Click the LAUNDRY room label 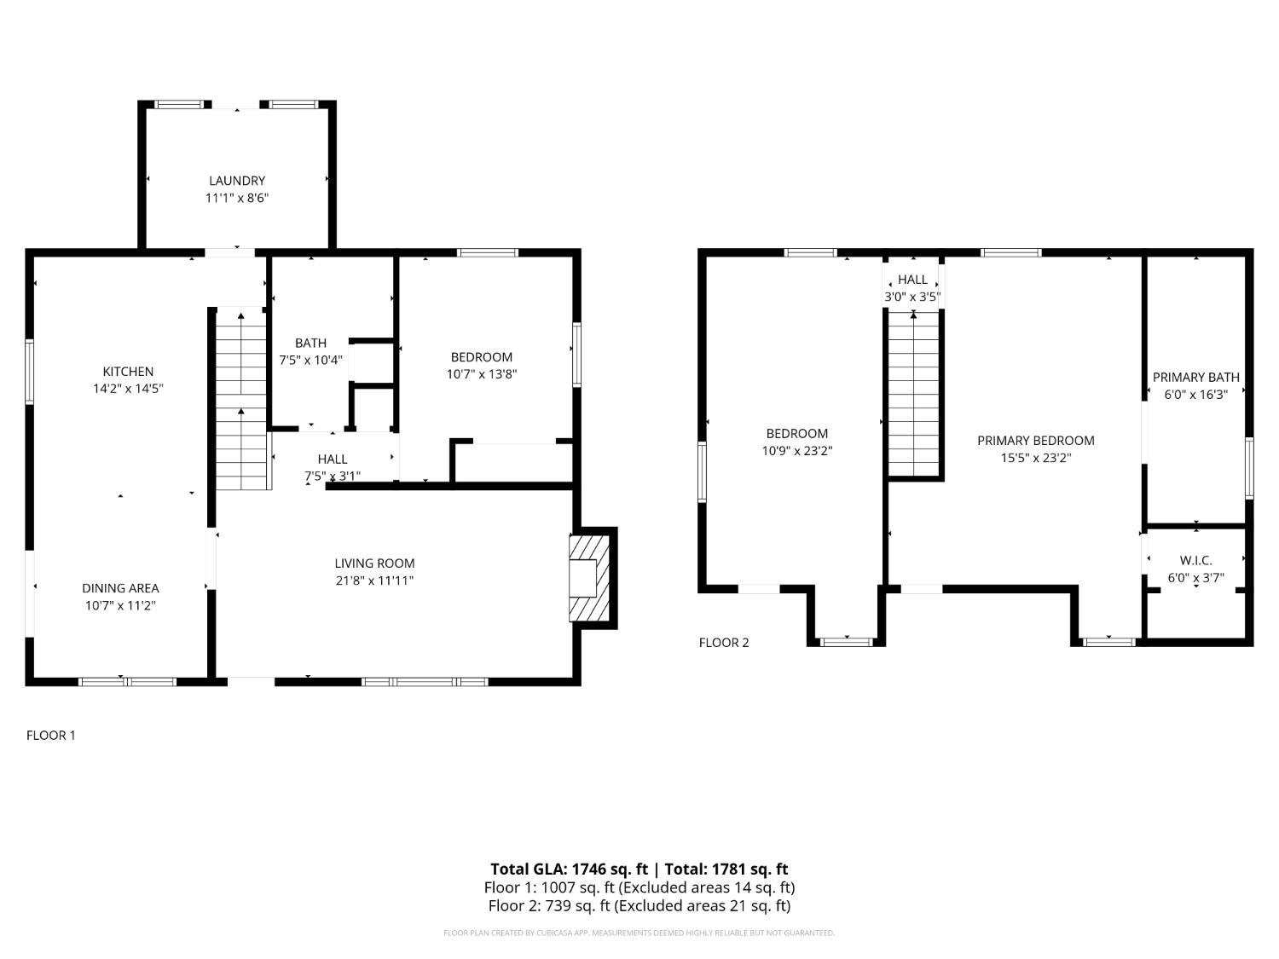(x=237, y=181)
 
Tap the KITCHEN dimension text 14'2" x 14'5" (x=128, y=389)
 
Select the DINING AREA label (x=120, y=588)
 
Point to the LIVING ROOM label (x=374, y=563)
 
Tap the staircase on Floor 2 (x=913, y=392)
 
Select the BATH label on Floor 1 (x=310, y=343)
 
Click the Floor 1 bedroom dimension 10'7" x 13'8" (x=482, y=374)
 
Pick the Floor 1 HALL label (x=332, y=459)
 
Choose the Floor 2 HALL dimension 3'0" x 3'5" (x=912, y=298)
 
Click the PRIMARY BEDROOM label (x=1035, y=441)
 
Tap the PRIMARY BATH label (x=1195, y=377)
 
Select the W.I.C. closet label (x=1195, y=560)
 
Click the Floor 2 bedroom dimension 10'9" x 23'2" (x=796, y=451)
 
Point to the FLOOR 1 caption (x=51, y=735)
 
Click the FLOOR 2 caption (x=724, y=643)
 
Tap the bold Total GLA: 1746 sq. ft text (x=569, y=869)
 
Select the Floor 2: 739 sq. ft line (x=639, y=905)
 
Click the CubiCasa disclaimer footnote (x=639, y=933)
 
